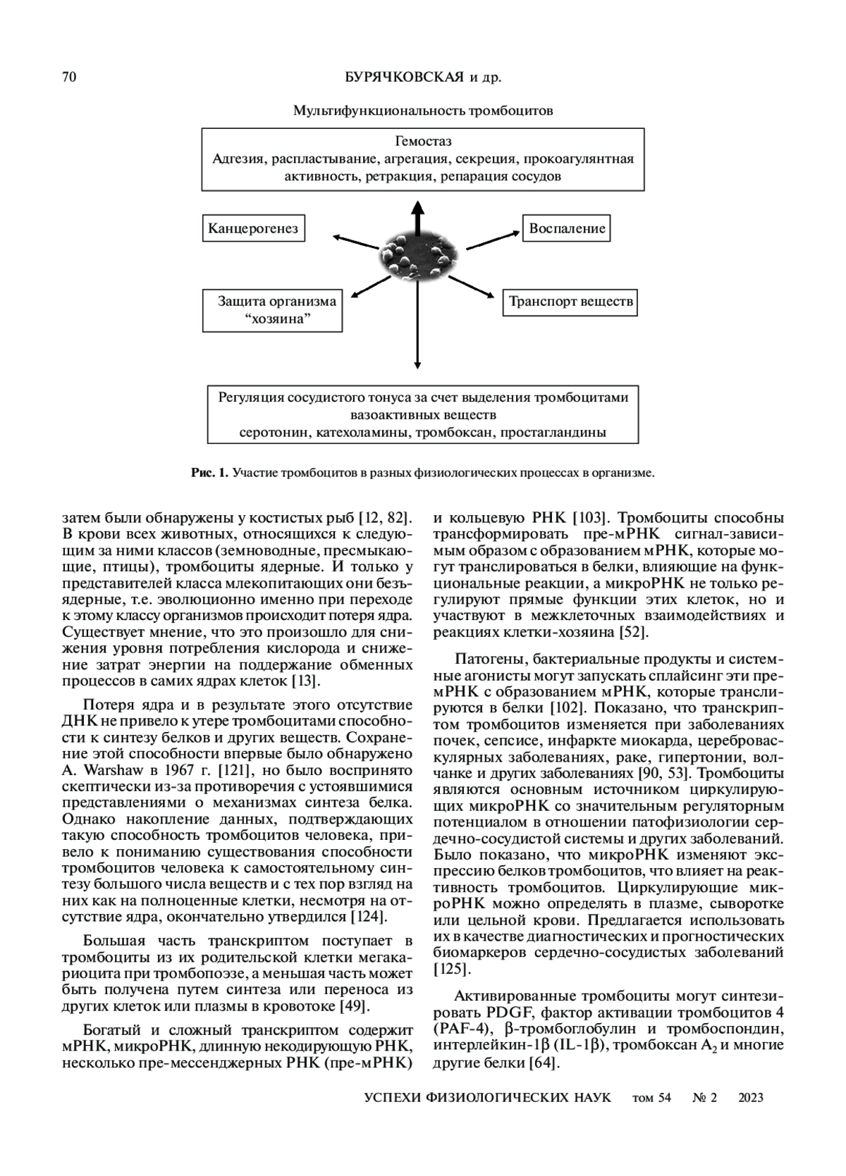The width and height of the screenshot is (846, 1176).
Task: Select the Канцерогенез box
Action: [x=253, y=228]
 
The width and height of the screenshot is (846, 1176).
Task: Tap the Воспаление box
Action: [x=566, y=228]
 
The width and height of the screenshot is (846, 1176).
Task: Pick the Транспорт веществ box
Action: [x=570, y=302]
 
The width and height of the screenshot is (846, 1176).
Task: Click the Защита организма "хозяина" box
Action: [x=273, y=310]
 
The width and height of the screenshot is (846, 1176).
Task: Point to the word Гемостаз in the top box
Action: [x=423, y=141]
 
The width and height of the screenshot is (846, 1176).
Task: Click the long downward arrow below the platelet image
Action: [x=417, y=331]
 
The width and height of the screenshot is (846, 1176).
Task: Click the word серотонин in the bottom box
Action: [x=275, y=432]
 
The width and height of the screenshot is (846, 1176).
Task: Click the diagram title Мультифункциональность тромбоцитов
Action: [x=423, y=111]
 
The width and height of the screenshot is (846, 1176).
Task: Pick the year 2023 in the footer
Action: [x=750, y=1098]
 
